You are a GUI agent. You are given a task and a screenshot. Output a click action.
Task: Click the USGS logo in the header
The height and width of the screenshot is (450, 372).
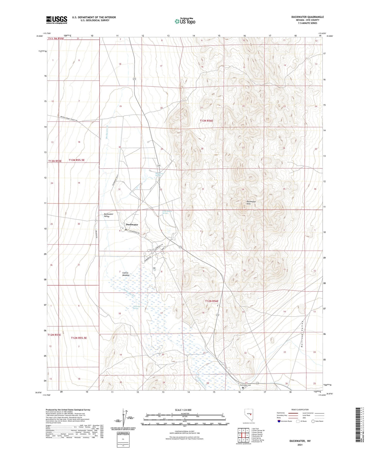tap(56, 20)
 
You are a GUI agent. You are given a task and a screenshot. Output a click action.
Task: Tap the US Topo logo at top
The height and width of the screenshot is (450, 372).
tap(185, 21)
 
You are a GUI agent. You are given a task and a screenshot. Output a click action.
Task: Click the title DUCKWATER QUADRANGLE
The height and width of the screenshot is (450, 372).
tap(307, 17)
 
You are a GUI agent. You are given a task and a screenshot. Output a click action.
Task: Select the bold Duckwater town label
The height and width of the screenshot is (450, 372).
tap(132, 224)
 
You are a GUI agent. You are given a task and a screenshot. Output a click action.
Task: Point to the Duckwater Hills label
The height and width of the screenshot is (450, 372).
tap(251, 203)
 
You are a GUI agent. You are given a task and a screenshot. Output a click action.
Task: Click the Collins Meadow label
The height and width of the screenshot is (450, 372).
tap(126, 274)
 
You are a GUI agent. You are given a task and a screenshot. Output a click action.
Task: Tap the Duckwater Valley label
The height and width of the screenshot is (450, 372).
tap(108, 215)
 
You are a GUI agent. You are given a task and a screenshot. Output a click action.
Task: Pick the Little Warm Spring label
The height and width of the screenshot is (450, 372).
tap(167, 212)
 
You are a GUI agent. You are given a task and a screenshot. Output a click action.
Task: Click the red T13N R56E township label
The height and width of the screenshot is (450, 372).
tap(207, 121)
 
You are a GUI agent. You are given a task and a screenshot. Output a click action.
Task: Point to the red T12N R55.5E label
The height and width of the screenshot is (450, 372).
tap(79, 338)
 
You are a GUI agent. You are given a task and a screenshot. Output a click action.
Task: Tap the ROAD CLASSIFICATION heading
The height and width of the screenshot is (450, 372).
tap(300, 410)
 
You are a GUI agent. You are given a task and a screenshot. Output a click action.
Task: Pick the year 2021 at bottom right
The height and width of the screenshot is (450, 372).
tap(300, 445)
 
